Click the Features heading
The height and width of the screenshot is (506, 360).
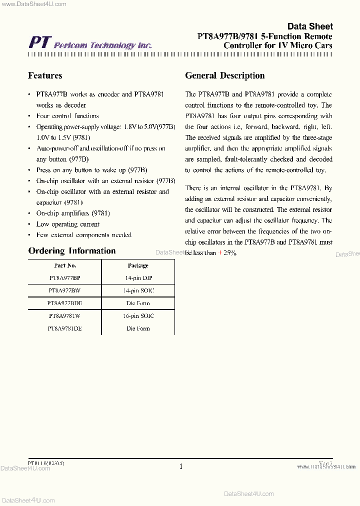pyautogui.click(x=45, y=75)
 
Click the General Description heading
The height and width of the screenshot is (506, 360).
pyautogui.click(x=224, y=75)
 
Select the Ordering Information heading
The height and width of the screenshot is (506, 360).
pyautogui.click(x=71, y=251)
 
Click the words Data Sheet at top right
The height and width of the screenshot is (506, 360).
pyautogui.click(x=309, y=26)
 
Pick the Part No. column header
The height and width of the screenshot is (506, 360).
pyautogui.click(x=65, y=265)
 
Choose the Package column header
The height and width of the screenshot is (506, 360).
pyautogui.click(x=138, y=265)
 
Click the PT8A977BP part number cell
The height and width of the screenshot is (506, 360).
pyautogui.click(x=65, y=278)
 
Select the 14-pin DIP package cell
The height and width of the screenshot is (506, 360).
pyautogui.click(x=138, y=278)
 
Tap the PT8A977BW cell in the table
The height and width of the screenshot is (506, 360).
pyautogui.click(x=65, y=290)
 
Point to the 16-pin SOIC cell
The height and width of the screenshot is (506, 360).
pyautogui.click(x=138, y=316)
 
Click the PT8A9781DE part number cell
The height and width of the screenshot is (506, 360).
pyautogui.click(x=65, y=328)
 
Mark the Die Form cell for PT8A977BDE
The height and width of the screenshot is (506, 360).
pyautogui.click(x=138, y=303)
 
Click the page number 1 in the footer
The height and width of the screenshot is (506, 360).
pyautogui.click(x=181, y=466)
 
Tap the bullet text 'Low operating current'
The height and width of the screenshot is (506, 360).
pyautogui.click(x=68, y=224)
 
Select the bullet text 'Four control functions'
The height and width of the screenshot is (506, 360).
pyautogui.click(x=68, y=115)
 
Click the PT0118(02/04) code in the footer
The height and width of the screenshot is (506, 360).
pyautogui.click(x=46, y=463)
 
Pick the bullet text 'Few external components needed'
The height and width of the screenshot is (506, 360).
pyautogui.click(x=84, y=234)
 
